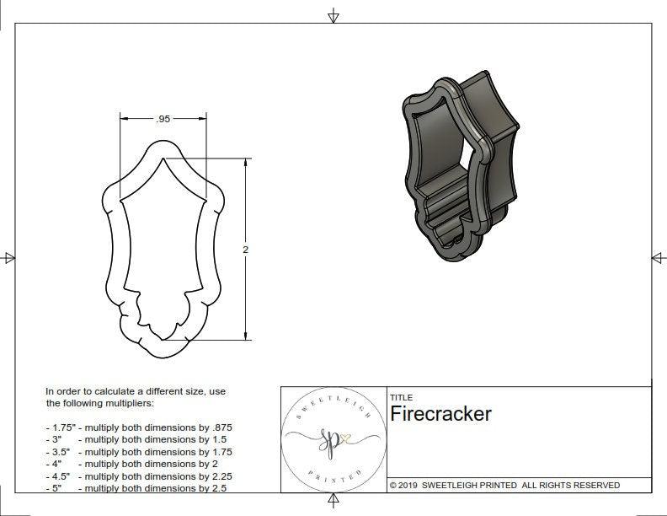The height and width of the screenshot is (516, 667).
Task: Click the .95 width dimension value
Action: click(163, 120)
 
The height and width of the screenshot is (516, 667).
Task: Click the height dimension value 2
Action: click(245, 250)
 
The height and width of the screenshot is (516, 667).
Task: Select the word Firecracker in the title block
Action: click(440, 414)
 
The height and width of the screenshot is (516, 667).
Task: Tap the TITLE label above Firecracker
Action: click(401, 398)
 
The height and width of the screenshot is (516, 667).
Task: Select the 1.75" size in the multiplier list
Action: click(61, 427)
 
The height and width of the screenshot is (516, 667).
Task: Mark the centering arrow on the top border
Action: click(333, 15)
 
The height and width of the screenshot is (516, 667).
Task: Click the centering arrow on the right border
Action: click(658, 258)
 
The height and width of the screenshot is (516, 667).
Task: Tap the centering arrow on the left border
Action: click(9, 258)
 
